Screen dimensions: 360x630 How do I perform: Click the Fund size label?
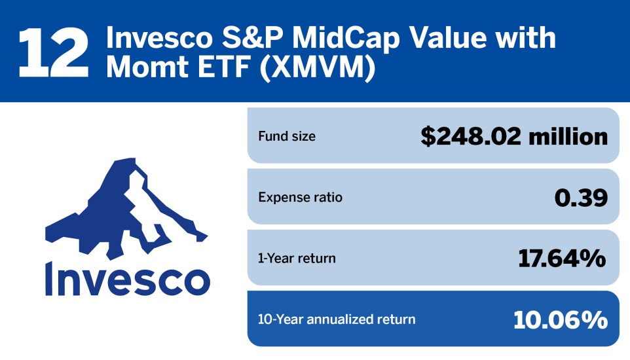(x=287, y=137)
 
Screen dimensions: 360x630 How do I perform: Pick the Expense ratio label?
(x=301, y=197)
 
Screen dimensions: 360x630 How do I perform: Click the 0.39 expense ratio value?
(x=580, y=197)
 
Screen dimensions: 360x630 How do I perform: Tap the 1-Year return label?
(x=297, y=258)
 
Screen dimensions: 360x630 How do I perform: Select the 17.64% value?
(x=561, y=258)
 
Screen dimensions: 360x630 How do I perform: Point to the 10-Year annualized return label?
(x=337, y=319)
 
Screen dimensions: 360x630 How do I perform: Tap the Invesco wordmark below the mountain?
(x=127, y=279)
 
